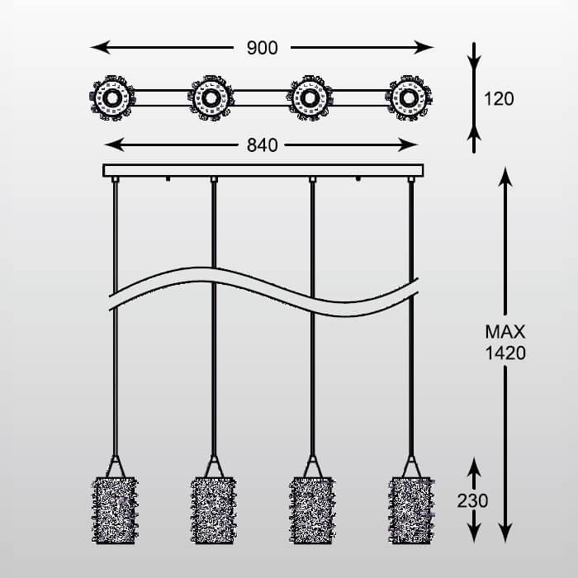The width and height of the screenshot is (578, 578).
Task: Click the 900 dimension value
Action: [262, 47]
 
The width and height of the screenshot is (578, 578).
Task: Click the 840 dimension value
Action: [262, 145]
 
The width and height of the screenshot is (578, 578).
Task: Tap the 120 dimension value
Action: [499, 99]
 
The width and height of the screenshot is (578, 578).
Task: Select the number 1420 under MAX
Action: [505, 353]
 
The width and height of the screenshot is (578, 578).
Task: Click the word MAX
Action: [505, 333]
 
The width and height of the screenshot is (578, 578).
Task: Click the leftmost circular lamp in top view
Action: [111, 98]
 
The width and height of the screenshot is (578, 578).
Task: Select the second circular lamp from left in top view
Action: [211, 98]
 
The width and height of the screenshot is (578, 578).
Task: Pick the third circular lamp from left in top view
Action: [310, 98]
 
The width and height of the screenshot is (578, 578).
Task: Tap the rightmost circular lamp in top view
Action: [410, 98]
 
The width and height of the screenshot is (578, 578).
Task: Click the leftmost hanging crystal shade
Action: [116, 509]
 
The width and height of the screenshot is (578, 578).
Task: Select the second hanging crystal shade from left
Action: [214, 509]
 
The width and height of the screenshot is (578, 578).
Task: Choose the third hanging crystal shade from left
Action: [313, 509]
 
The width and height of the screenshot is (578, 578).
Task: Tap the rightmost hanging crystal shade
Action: [410, 509]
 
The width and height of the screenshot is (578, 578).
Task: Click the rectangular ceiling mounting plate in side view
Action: [263, 170]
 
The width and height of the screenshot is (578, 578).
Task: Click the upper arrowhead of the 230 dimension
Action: [473, 466]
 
